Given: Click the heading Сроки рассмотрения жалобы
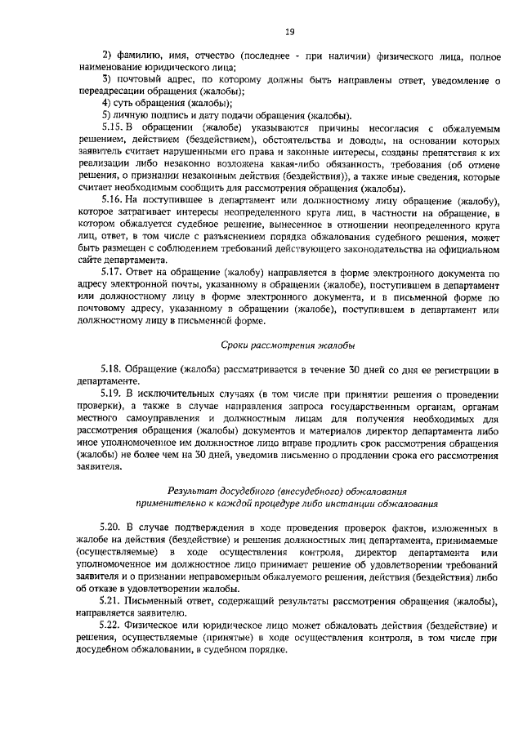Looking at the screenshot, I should pyautogui.click(x=288, y=346).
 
